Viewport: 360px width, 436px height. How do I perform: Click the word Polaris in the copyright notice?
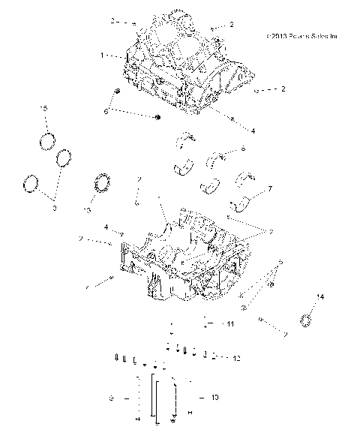302,35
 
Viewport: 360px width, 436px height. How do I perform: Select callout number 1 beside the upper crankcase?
102,56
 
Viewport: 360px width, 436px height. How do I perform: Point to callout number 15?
43,110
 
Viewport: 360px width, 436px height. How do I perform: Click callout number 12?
236,358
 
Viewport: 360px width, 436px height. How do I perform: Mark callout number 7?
269,189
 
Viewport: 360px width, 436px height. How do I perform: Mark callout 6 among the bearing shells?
244,149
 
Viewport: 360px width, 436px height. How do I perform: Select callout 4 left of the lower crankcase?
106,226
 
